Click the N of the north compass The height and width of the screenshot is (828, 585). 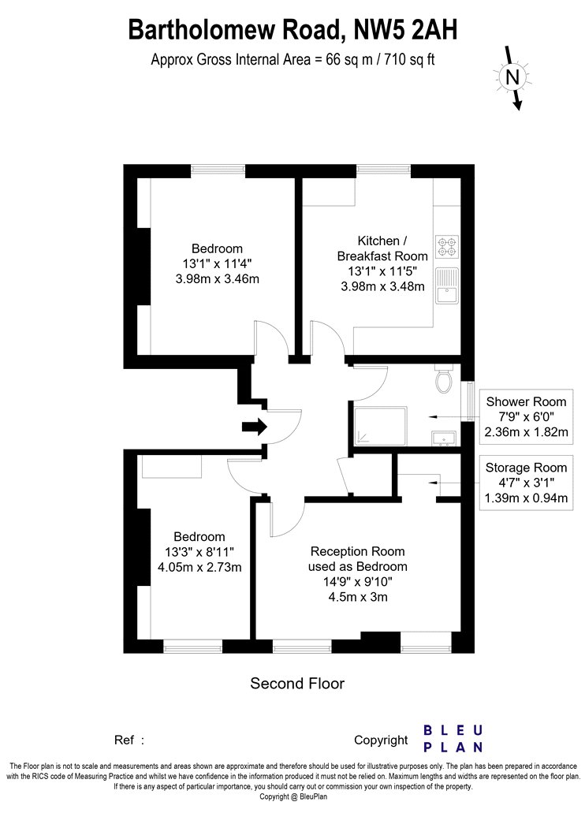tap(512, 77)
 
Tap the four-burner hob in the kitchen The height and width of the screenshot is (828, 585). tap(447, 246)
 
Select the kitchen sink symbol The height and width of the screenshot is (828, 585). tap(447, 285)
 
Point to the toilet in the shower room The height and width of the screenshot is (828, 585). tap(445, 379)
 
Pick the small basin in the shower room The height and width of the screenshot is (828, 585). tap(444, 438)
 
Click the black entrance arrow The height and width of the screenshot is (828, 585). tap(255, 426)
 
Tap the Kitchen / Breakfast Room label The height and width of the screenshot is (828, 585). tap(382, 248)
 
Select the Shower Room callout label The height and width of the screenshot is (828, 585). tap(526, 401)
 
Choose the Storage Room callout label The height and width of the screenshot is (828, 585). tap(526, 468)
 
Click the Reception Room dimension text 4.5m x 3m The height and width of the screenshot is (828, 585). tap(358, 597)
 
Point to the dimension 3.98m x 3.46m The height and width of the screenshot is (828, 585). tap(218, 279)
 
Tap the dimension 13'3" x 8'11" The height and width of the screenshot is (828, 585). tap(199, 552)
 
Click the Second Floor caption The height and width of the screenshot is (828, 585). tap(297, 684)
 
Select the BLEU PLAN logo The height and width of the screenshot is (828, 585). tap(453, 738)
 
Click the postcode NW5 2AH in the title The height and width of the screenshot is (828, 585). tap(405, 31)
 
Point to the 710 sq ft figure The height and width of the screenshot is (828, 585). tap(410, 59)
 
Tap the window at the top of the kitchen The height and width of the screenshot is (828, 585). tap(384, 170)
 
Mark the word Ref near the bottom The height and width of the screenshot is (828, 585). tap(124, 740)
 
